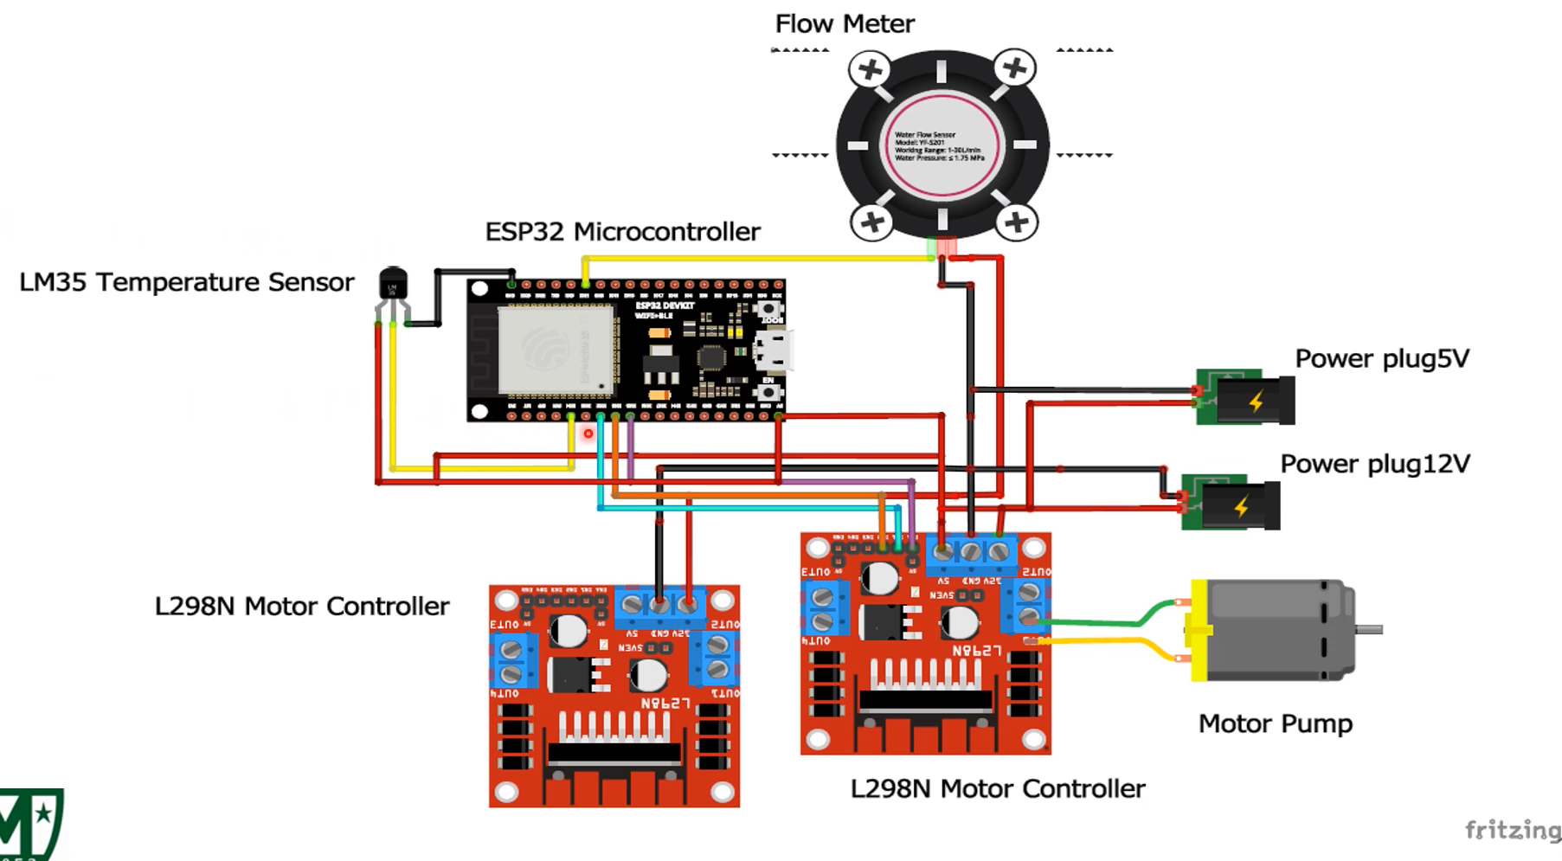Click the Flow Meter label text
click(844, 23)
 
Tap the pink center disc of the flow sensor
click(942, 145)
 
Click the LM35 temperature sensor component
click(393, 285)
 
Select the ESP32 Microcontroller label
click(622, 232)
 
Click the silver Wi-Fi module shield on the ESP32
click(556, 350)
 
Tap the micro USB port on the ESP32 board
click(773, 351)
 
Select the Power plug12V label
click(1374, 464)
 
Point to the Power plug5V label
click(1381, 358)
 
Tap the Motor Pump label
click(1275, 723)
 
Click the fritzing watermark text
click(1512, 831)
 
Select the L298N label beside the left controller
click(301, 606)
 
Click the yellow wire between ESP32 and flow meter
click(753, 258)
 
